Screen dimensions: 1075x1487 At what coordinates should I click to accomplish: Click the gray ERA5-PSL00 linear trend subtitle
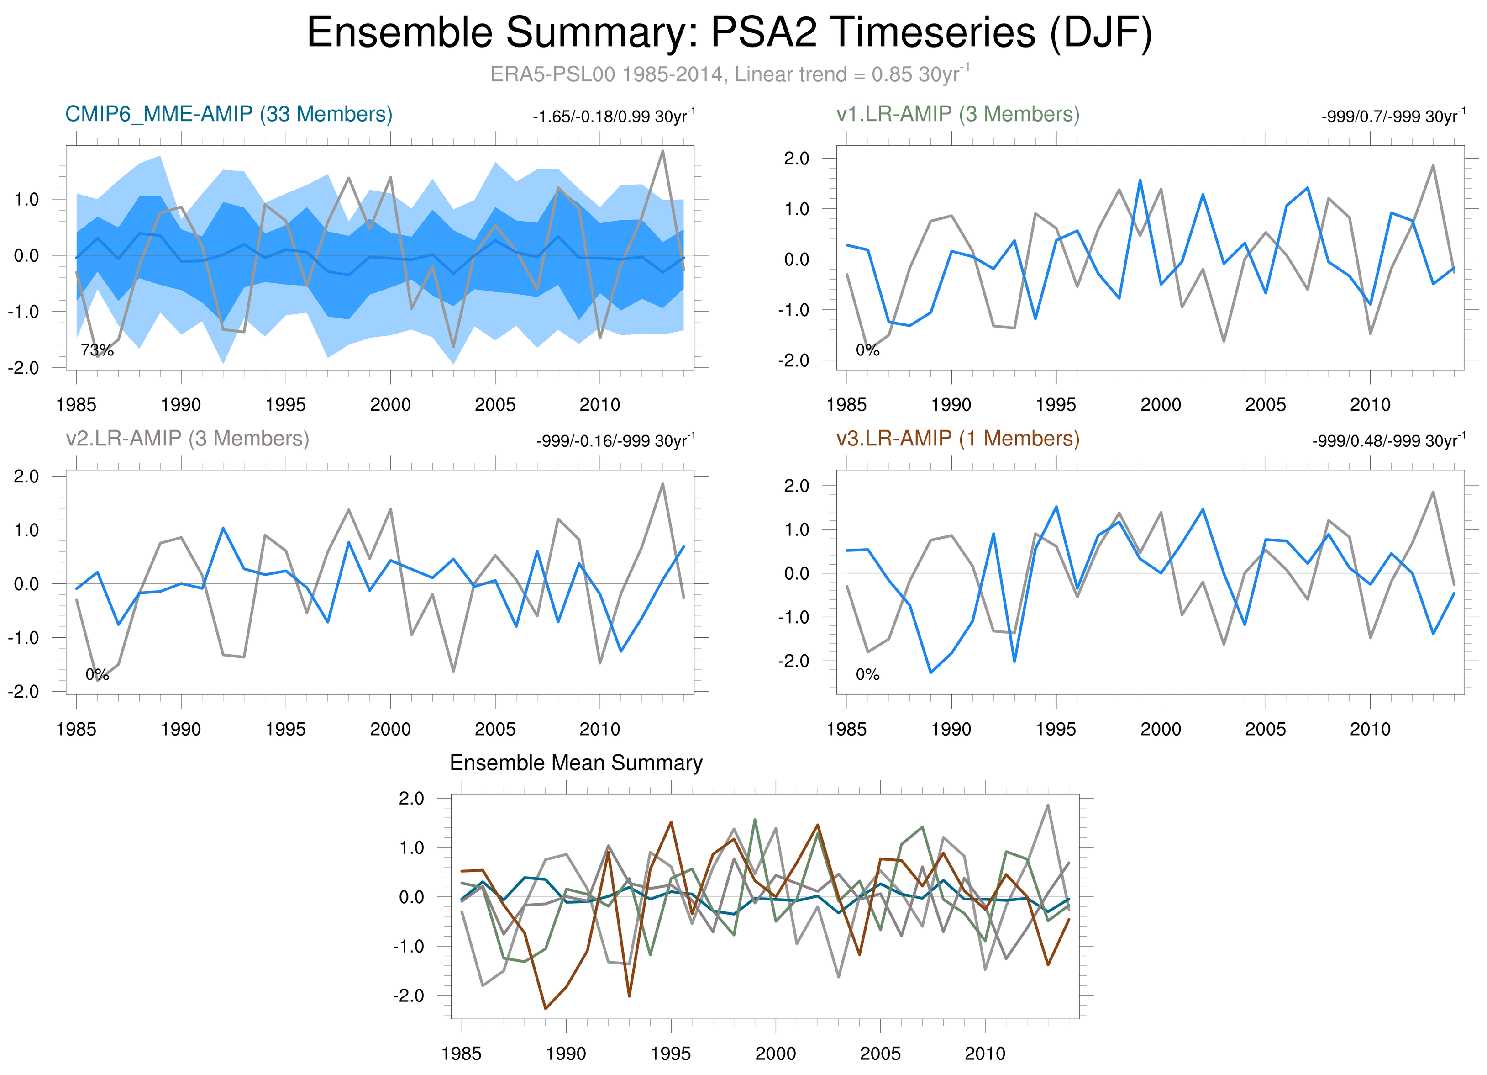pyautogui.click(x=730, y=74)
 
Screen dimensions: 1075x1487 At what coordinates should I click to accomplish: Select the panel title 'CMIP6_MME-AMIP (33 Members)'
pyautogui.click(x=229, y=114)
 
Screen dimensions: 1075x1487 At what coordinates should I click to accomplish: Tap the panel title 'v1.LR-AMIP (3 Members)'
pyautogui.click(x=957, y=114)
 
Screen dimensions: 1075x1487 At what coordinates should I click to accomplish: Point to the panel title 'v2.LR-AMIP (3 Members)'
pyautogui.click(x=188, y=438)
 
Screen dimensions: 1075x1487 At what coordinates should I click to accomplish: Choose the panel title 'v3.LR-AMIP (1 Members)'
pyautogui.click(x=957, y=438)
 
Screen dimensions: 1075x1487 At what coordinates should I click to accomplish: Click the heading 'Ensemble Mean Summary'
pyautogui.click(x=576, y=763)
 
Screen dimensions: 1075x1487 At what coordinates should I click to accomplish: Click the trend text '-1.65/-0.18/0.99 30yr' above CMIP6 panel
pyautogui.click(x=613, y=117)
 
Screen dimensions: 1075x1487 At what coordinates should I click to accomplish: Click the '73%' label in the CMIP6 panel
pyautogui.click(x=97, y=350)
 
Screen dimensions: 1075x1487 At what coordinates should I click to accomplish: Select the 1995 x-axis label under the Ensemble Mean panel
pyautogui.click(x=670, y=1054)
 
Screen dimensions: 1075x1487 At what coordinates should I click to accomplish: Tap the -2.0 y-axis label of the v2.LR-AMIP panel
pyautogui.click(x=26, y=691)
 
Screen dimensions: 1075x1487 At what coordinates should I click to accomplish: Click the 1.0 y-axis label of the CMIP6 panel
pyautogui.click(x=26, y=199)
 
